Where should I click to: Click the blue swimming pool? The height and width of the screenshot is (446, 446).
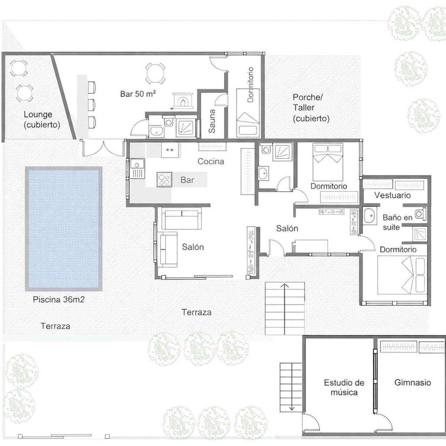64,229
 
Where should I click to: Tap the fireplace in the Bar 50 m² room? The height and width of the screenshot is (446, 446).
183,101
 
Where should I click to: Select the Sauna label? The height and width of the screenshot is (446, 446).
212,121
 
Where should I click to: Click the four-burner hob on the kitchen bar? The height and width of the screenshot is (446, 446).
164,180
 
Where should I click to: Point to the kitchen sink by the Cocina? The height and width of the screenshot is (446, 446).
137,169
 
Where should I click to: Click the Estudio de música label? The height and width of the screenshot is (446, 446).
344,387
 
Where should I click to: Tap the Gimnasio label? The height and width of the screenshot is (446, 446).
413,382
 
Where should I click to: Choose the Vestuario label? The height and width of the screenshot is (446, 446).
392,195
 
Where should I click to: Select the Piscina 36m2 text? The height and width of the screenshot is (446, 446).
59,299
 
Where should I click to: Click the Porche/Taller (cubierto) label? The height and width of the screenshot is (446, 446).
311,108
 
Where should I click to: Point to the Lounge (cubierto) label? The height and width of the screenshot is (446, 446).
42,120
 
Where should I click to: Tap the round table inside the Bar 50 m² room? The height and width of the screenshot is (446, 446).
155,73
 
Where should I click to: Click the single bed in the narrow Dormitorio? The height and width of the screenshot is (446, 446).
248,113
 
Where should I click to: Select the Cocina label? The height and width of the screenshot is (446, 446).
211,161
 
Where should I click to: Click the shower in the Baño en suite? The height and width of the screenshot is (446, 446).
420,234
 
